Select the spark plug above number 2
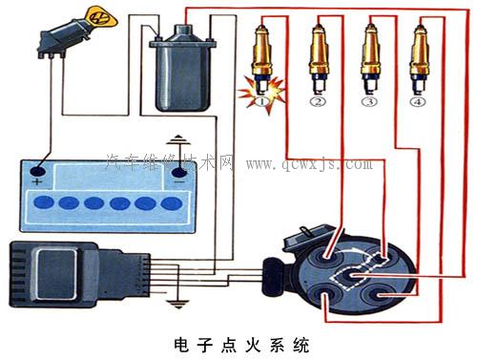(x=318, y=54)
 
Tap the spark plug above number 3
(x=369, y=54)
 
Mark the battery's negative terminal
(x=177, y=176)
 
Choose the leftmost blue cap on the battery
(x=45, y=202)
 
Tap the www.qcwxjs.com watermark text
(x=310, y=163)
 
